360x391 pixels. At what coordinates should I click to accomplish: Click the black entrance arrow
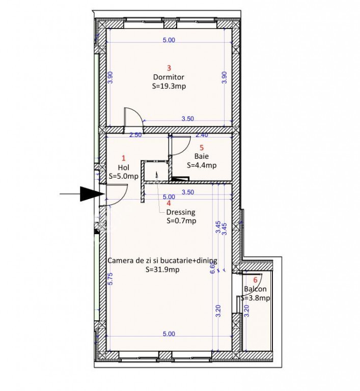click(82, 194)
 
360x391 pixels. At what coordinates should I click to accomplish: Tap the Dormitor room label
click(169, 77)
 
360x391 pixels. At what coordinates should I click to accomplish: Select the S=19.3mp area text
click(169, 86)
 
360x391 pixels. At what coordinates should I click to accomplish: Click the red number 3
click(169, 68)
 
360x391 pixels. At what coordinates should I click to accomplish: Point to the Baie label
click(202, 156)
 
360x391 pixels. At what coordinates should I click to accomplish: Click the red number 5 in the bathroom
click(202, 148)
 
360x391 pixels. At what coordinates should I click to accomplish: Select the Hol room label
click(124, 167)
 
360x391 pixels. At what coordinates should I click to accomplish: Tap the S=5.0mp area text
click(124, 176)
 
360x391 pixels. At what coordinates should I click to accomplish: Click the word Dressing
click(181, 212)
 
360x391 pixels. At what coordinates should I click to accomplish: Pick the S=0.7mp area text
click(181, 221)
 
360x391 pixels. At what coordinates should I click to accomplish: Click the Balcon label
click(255, 289)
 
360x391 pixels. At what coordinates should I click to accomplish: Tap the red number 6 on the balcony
click(255, 281)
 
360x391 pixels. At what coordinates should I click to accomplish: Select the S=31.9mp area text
click(162, 269)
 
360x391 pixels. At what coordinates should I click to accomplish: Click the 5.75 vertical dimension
click(111, 278)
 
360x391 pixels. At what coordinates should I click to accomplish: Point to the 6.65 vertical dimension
click(212, 268)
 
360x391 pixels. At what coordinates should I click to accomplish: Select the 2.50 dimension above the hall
click(135, 135)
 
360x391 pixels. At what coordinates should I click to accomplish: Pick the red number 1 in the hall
click(124, 158)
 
